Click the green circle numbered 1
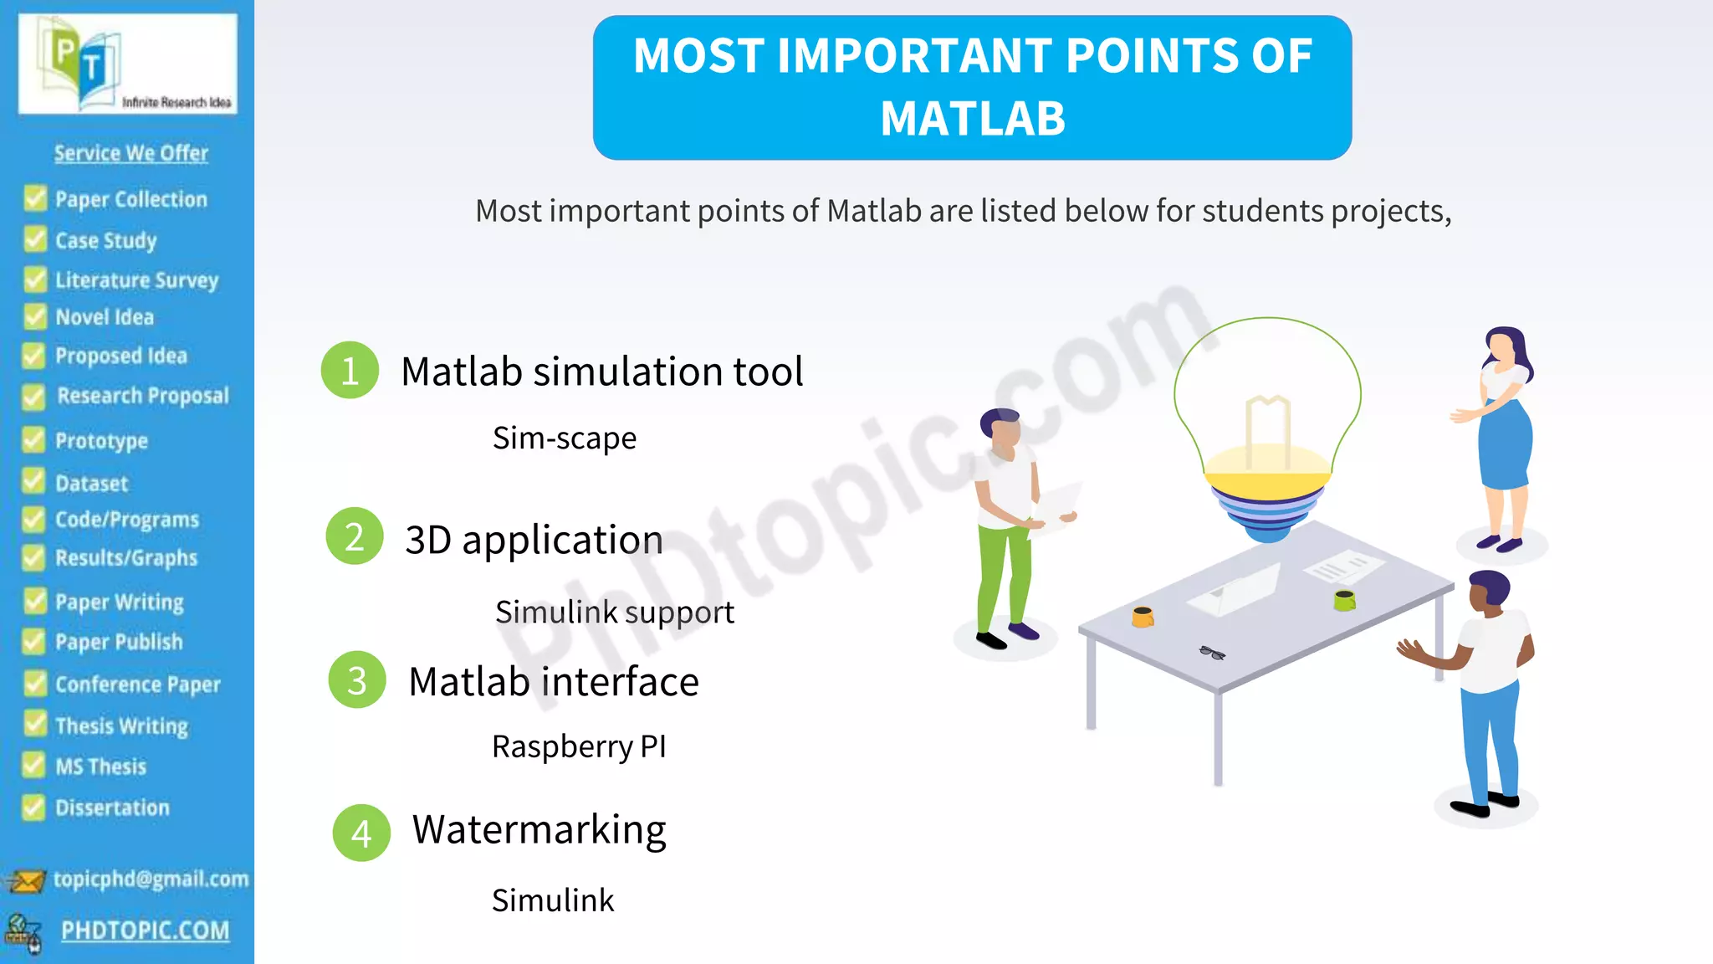[x=350, y=370]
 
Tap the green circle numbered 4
[x=361, y=833]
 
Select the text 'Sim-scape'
[x=564, y=438]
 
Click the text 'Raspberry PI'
[x=579, y=746]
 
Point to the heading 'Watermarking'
[x=539, y=829]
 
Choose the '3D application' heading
[x=534, y=540]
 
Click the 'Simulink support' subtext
[x=614, y=612]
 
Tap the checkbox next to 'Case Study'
[x=35, y=239]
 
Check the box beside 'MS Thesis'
[x=33, y=765]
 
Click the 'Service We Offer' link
[x=131, y=153]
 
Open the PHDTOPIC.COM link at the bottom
[x=145, y=931]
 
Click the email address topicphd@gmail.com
[x=151, y=879]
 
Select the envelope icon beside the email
[x=25, y=881]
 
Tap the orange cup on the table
[x=1143, y=618]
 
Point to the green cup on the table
[x=1344, y=599]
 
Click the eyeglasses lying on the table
[x=1212, y=653]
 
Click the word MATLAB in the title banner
[x=972, y=118]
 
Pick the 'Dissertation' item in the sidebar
[x=112, y=808]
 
